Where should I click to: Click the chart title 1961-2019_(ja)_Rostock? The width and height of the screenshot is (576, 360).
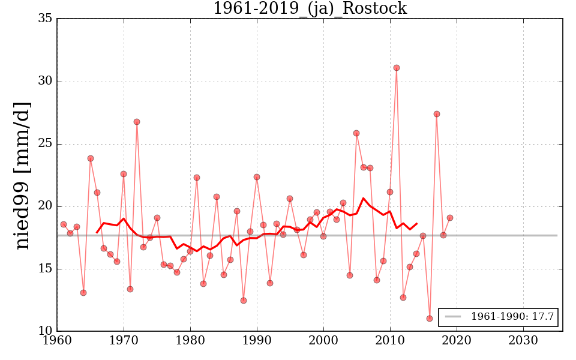coord(310,9)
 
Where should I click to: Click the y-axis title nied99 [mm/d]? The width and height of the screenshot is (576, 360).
coord(23,175)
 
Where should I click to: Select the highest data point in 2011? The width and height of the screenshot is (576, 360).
coord(397,68)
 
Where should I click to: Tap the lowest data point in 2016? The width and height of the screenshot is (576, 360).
coord(430,319)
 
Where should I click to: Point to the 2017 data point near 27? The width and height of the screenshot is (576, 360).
coord(437,114)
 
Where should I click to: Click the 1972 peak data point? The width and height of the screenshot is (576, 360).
coord(137,122)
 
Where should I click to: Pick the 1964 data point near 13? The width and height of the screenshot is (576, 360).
coord(83,293)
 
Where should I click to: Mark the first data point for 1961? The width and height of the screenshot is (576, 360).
coord(64,224)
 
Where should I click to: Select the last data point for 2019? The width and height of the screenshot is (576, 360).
coord(450,218)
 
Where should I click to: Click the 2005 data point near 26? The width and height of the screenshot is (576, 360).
coord(356,133)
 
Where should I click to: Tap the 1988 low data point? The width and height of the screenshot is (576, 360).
coord(244,301)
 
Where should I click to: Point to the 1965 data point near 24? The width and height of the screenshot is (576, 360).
coord(91,158)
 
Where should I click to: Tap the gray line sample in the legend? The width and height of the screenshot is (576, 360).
coord(454,317)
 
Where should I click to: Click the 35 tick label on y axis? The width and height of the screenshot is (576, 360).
coord(44,19)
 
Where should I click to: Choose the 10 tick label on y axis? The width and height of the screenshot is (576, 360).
coord(44,331)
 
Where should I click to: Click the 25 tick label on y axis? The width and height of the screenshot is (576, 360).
coord(44,144)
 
